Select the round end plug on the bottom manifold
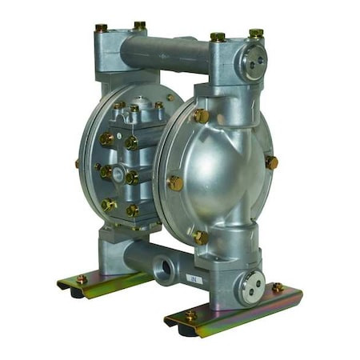pyautogui.click(x=254, y=286)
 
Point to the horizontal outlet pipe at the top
pyautogui.click(x=164, y=51)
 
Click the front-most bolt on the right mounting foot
pyautogui.click(x=190, y=316)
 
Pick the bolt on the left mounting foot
pyautogui.click(x=82, y=279)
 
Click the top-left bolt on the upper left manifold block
pyautogui.click(x=102, y=28)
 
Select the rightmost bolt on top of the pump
pyautogui.click(x=256, y=34)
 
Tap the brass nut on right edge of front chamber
pyautogui.click(x=271, y=162)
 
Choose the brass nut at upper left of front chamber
pyautogui.click(x=199, y=116)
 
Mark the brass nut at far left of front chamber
pyautogui.click(x=174, y=182)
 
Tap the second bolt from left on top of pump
pyautogui.click(x=139, y=26)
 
